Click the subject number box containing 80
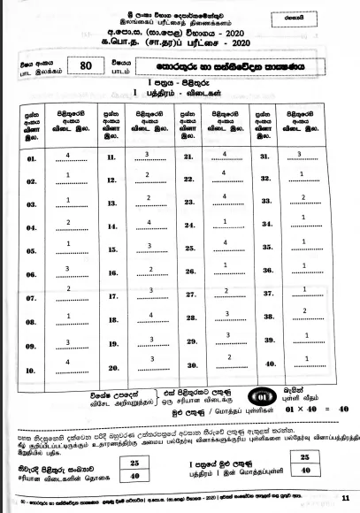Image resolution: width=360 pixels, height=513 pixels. [x=86, y=88]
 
